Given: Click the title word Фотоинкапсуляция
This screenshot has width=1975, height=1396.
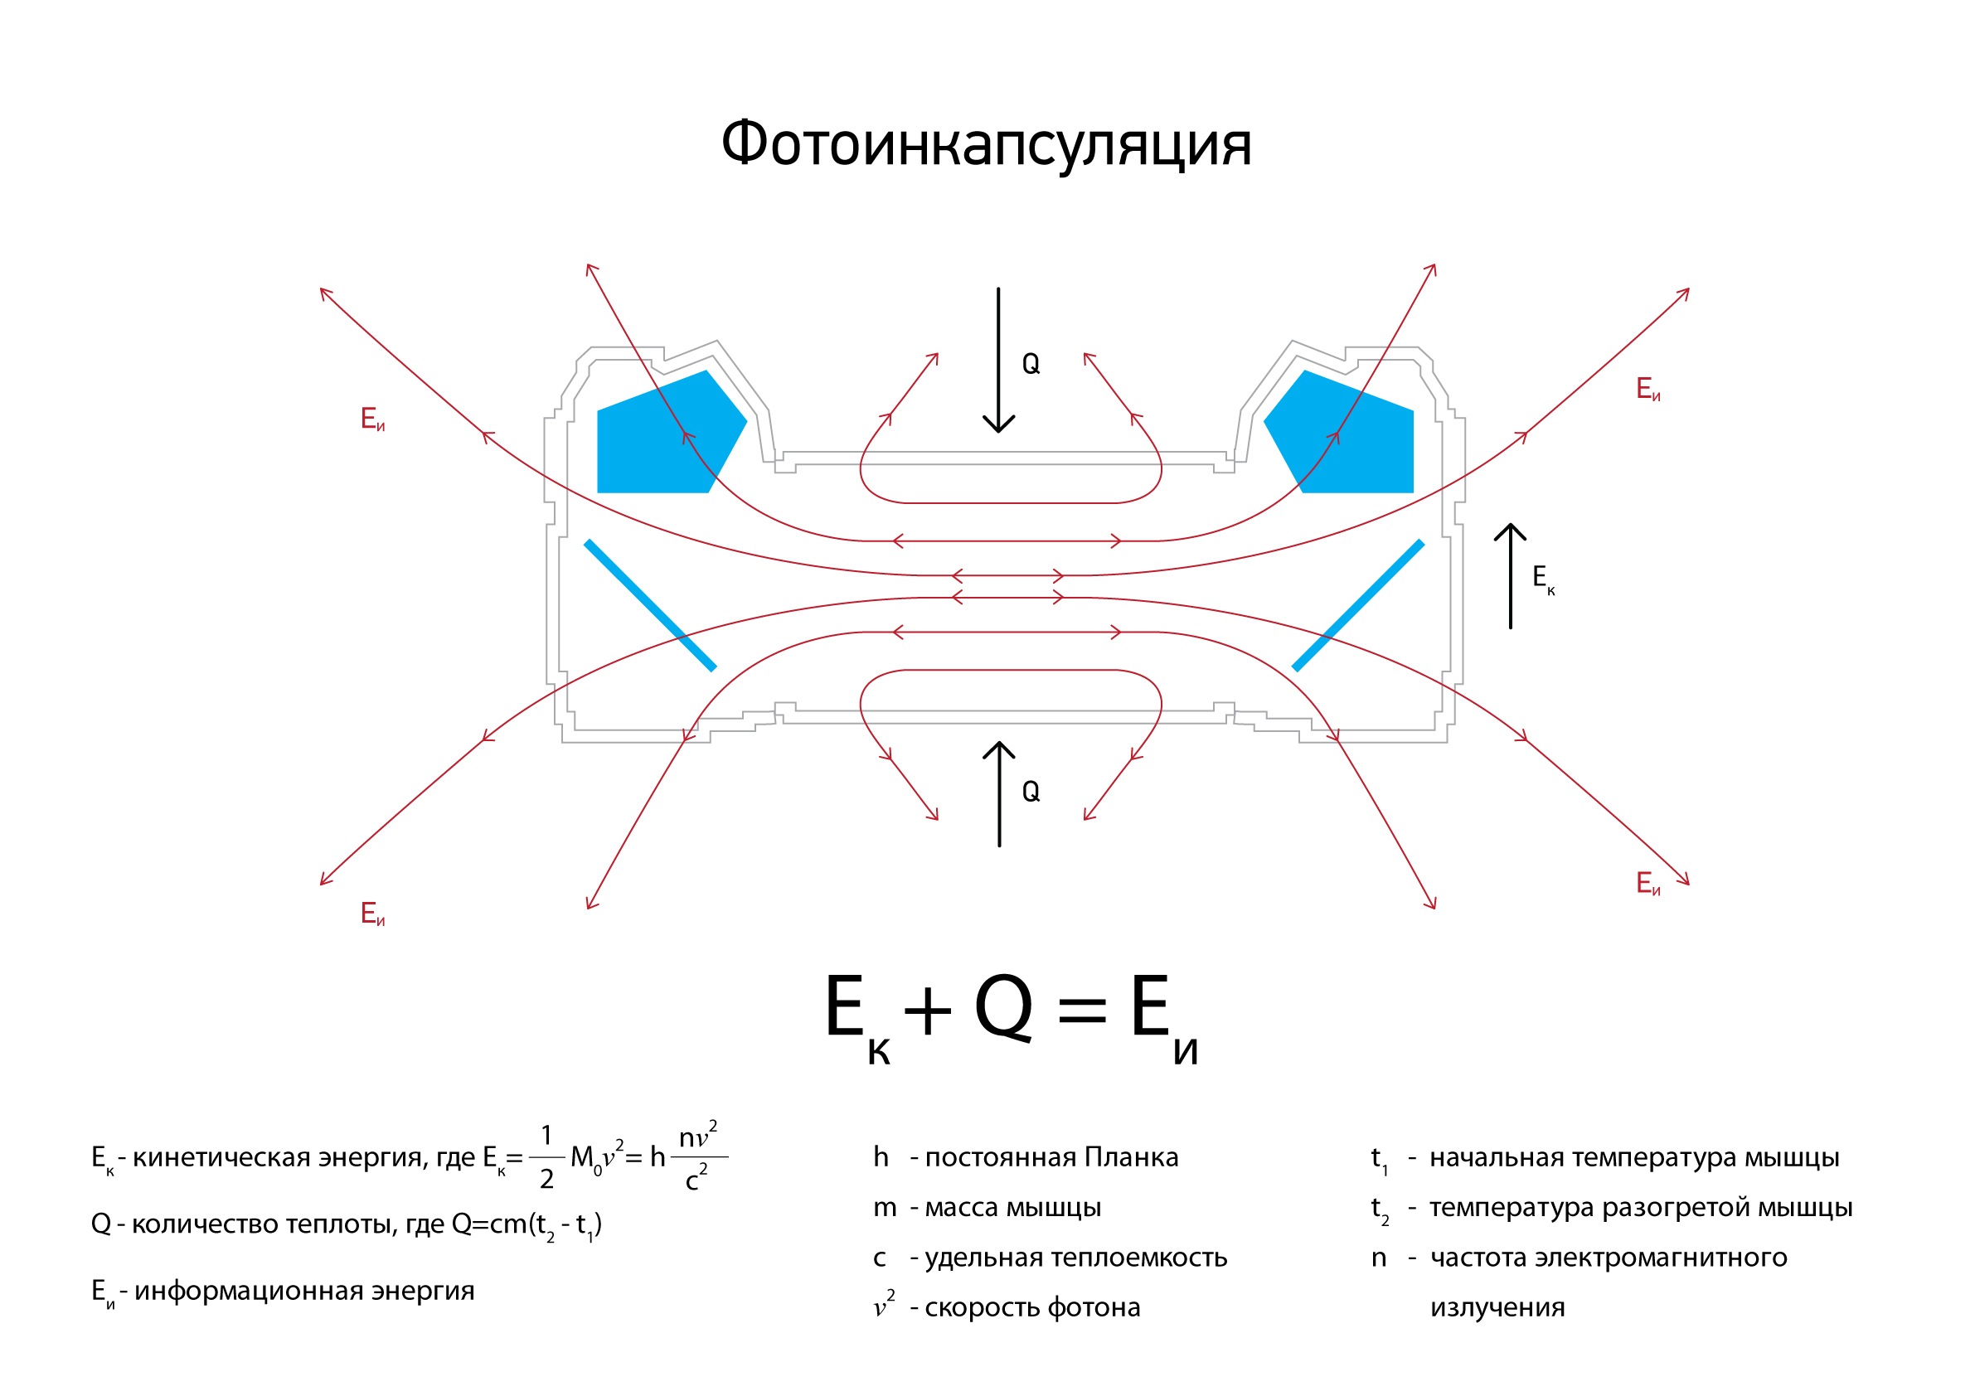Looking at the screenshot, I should tap(986, 144).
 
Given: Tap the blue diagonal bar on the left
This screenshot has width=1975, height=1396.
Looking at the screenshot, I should tap(650, 604).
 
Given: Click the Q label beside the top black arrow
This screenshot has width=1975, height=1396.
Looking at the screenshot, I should tap(1031, 365).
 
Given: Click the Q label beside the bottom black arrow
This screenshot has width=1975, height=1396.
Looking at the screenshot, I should tap(1031, 792).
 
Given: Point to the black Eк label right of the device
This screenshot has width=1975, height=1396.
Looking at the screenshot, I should tap(1542, 578).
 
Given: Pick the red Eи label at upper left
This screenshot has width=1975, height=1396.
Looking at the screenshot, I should tap(372, 419).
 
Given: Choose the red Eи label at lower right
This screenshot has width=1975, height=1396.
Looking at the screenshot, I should tap(1648, 884).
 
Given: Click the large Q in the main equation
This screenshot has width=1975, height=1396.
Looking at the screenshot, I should tap(1003, 1008).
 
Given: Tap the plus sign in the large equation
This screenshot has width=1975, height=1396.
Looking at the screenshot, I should tap(927, 1010).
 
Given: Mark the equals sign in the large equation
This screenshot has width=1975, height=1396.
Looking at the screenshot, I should tap(1081, 1010).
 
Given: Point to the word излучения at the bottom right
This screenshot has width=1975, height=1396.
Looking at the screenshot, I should tap(1497, 1307).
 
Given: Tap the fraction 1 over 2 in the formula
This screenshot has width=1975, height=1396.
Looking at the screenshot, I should tap(546, 1158).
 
